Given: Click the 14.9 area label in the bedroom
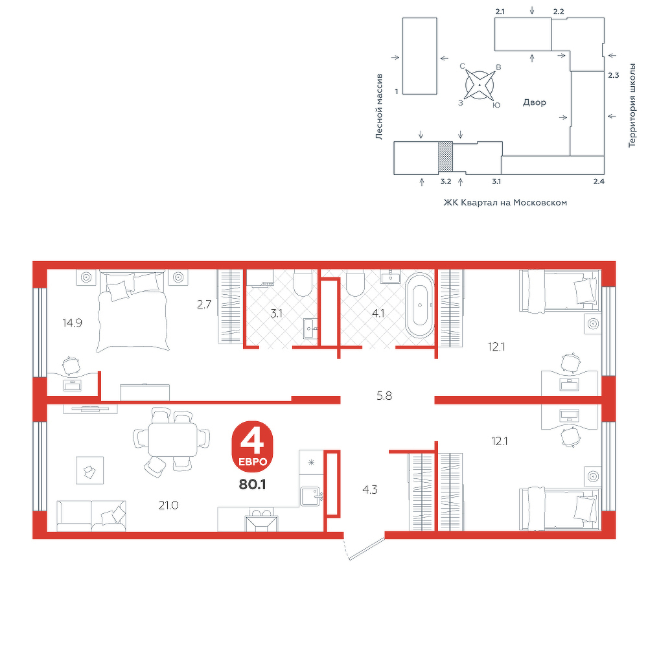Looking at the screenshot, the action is click(72, 323).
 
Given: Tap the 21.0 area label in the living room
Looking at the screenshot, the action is click(168, 505).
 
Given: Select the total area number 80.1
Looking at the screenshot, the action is click(252, 484).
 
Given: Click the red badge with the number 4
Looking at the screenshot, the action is click(253, 446).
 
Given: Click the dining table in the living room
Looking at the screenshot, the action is click(173, 439).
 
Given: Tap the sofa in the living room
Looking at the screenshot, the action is click(91, 516).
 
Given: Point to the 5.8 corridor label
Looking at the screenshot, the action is click(384, 396).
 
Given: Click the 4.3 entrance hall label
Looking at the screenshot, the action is click(370, 490).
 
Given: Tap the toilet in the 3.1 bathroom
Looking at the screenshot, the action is click(303, 283).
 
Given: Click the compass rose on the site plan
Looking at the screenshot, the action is click(480, 85).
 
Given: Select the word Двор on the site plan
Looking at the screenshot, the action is click(535, 102).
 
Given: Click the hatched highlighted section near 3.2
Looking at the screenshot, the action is click(446, 157).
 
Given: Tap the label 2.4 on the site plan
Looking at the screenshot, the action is click(599, 181).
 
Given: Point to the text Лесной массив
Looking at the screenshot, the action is click(379, 107).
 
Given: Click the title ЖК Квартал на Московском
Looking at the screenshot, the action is click(505, 202).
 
